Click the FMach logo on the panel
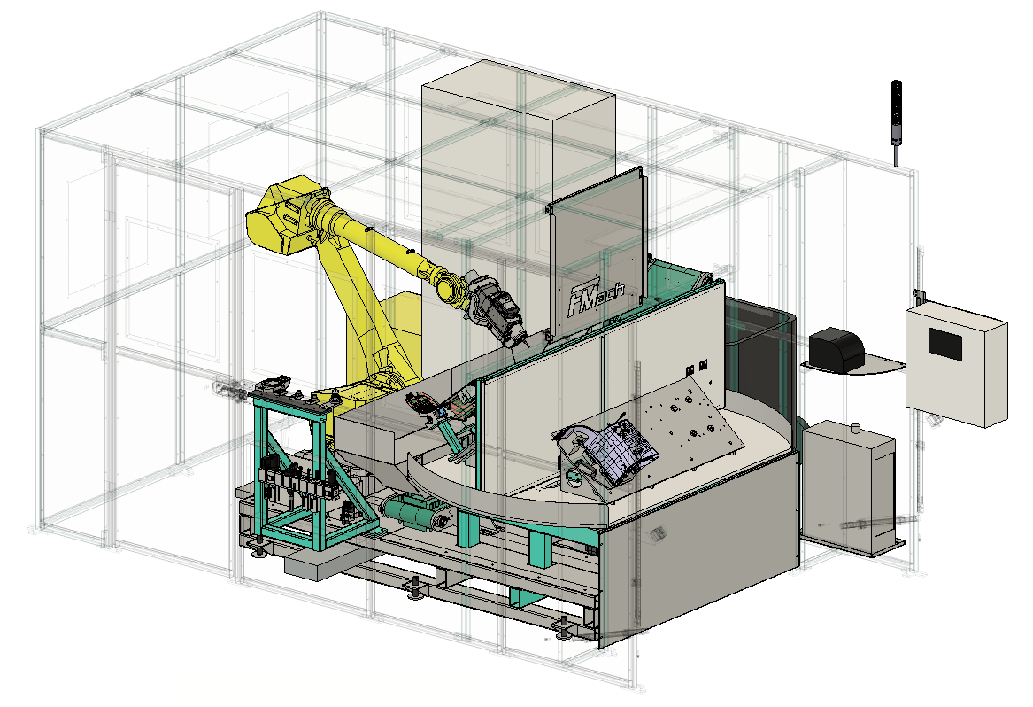596,296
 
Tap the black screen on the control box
944,344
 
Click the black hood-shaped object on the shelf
836,347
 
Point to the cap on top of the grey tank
855,429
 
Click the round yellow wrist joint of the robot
450,288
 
